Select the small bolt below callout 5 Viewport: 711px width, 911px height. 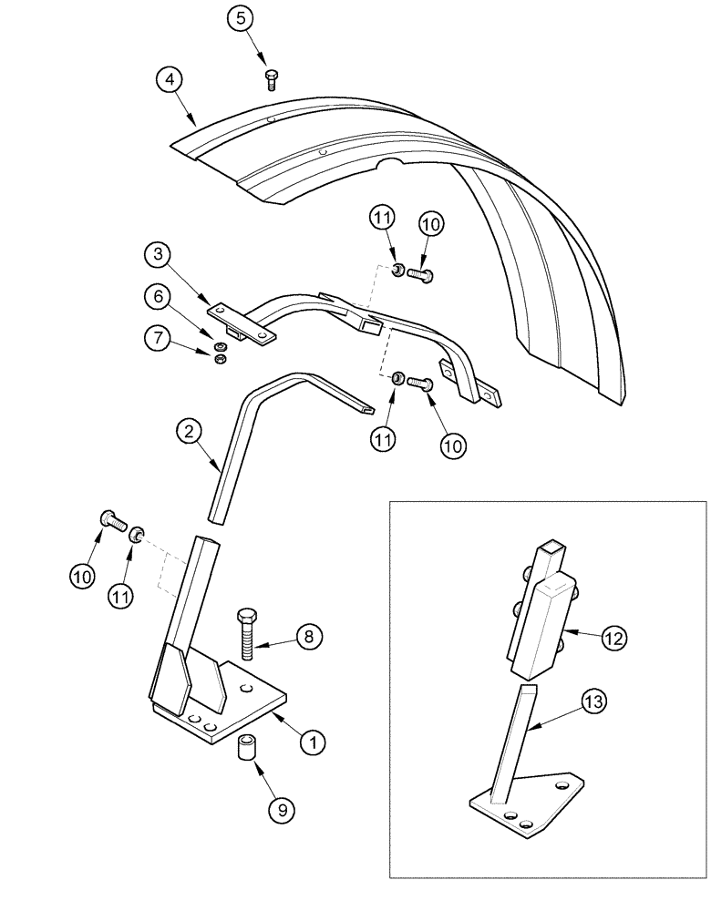(x=270, y=79)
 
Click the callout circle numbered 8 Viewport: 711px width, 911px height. (x=308, y=637)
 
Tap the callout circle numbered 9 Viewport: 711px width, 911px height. (x=282, y=806)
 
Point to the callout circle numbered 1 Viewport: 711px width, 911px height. (x=314, y=742)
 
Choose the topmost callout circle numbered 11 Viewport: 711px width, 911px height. (x=383, y=219)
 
